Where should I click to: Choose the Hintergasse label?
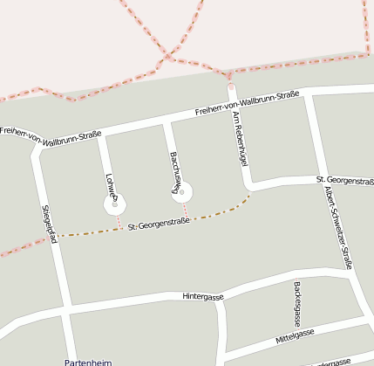(203, 296)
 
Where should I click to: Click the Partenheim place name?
(87, 361)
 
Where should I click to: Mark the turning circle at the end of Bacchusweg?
(182, 192)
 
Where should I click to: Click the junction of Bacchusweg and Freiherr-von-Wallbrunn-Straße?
(165, 122)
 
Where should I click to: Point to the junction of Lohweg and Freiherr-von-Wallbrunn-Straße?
(99, 135)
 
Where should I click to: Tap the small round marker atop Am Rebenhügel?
(231, 86)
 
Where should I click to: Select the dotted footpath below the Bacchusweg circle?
(186, 211)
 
